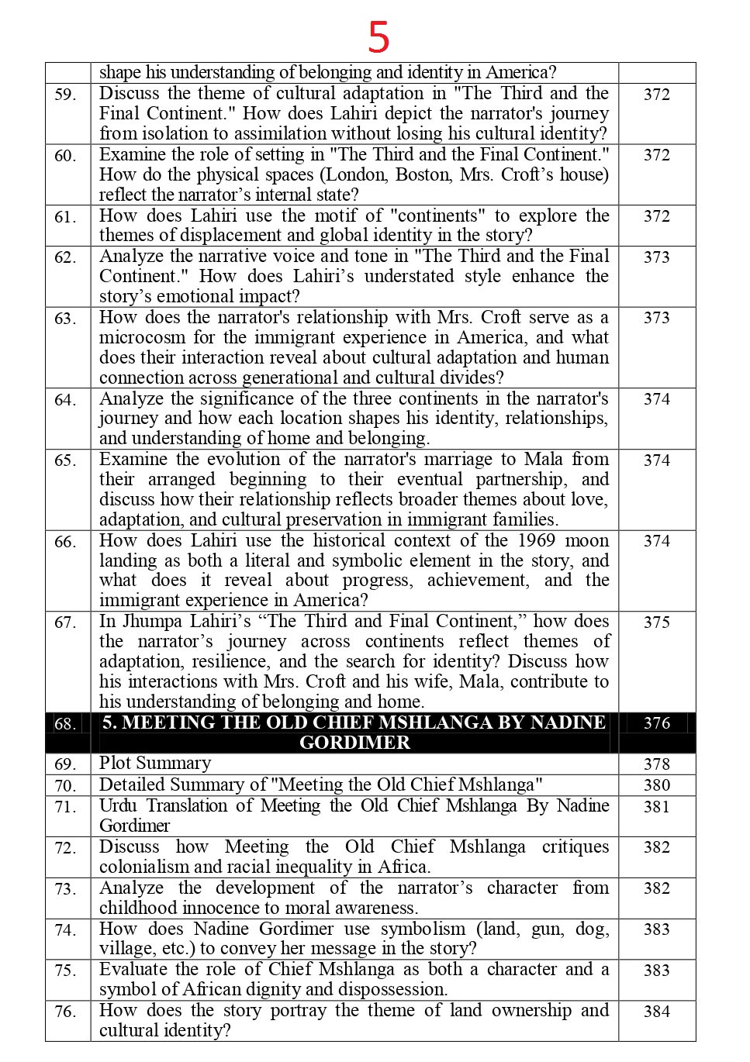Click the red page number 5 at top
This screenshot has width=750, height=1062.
click(378, 36)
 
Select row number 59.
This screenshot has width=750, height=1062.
click(65, 95)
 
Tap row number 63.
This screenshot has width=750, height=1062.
click(65, 319)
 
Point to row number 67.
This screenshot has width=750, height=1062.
click(65, 622)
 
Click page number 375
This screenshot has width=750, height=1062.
click(656, 622)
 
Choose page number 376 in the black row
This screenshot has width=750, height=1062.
click(656, 723)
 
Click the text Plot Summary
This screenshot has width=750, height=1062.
click(155, 763)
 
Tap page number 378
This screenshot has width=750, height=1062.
click(656, 764)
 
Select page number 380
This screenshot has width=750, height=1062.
click(656, 785)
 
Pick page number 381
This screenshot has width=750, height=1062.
click(656, 807)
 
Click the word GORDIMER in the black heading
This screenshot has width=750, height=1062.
click(354, 743)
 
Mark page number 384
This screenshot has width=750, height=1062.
click(656, 1012)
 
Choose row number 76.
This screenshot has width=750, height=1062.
click(65, 1012)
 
